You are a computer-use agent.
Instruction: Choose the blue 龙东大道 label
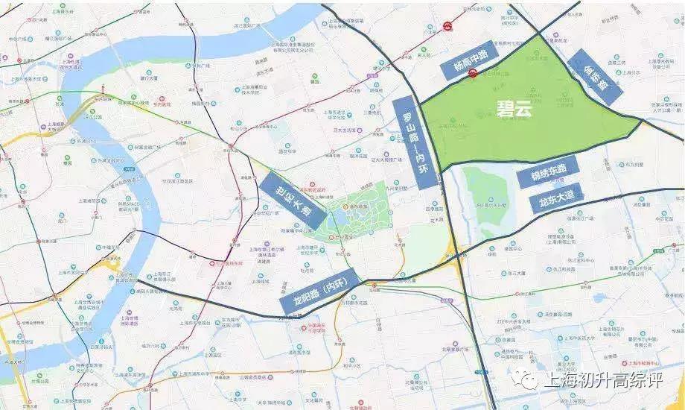pos(556,199)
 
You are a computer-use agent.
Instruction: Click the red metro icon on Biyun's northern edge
pos(473,72)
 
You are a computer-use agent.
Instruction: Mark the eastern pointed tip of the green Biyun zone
pos(640,122)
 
